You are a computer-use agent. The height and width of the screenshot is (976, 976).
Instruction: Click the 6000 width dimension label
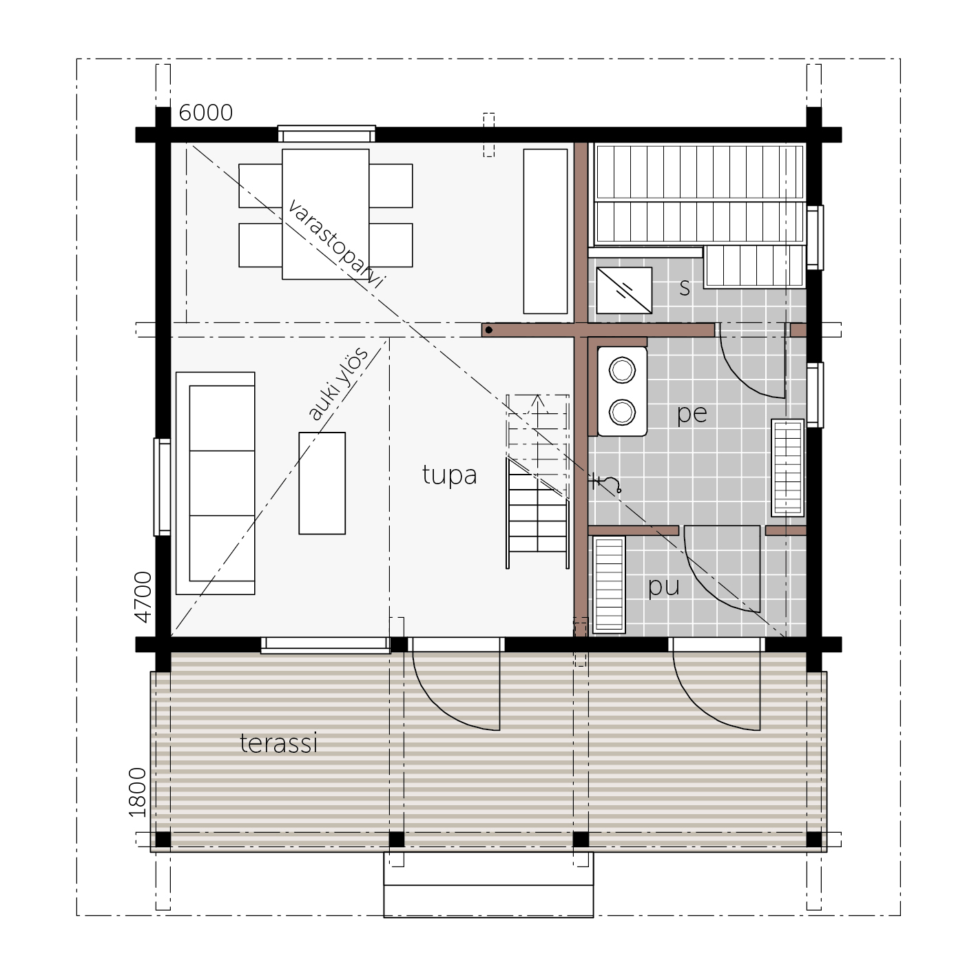coord(206,112)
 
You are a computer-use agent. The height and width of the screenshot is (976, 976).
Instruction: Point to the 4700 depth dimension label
coord(143,597)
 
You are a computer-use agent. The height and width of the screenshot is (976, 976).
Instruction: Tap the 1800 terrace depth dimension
coord(138,792)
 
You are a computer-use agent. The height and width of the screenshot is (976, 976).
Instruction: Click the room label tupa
coord(450,475)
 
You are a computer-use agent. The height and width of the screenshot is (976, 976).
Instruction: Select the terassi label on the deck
coord(278,743)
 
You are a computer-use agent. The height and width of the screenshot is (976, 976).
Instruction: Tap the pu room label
coord(663,587)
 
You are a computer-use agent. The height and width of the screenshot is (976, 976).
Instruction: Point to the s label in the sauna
coord(684,288)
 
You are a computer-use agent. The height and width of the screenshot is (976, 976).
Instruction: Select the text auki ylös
coord(338,384)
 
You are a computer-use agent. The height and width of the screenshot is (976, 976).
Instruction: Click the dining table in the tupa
coord(326,214)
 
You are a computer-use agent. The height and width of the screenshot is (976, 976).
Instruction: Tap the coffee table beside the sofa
coord(322,484)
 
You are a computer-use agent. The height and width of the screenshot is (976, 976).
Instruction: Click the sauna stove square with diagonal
coord(624,290)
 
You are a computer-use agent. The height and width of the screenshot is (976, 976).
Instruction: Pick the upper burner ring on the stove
coord(622,370)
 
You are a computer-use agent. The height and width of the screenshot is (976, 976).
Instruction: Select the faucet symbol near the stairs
coord(605,483)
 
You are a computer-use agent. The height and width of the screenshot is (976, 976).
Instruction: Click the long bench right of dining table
coord(546,231)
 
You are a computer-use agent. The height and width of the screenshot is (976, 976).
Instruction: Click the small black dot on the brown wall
coord(489,330)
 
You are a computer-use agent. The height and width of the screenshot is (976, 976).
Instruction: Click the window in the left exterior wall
coord(162,487)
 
